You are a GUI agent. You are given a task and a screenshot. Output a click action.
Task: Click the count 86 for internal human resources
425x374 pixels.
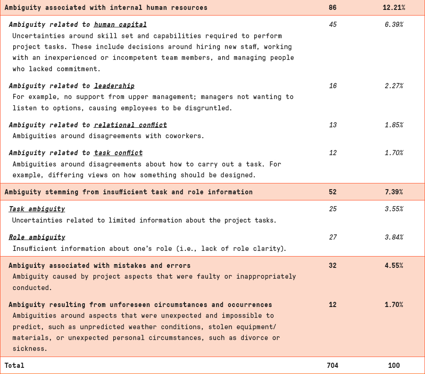[x=333, y=8]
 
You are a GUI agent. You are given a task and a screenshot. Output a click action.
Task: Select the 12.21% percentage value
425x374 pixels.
[x=394, y=8]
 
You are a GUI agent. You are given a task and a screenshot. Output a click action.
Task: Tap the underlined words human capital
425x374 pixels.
[x=120, y=25]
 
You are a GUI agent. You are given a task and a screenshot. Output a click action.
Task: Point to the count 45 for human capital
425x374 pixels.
[x=333, y=25]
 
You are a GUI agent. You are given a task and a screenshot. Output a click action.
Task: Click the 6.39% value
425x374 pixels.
[x=394, y=25]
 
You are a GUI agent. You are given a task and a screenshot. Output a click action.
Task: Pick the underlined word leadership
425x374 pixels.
[x=114, y=86]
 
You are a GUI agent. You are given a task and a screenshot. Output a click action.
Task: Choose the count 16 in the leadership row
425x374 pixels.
[x=333, y=86]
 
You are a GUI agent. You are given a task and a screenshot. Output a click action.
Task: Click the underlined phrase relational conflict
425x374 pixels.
[x=130, y=125]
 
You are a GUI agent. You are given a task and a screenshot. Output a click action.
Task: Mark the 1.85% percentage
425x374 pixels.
[x=394, y=125]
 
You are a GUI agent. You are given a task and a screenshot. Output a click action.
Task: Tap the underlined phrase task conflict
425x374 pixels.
[x=118, y=153]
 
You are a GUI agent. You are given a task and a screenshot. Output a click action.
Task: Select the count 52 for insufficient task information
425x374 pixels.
[x=333, y=192]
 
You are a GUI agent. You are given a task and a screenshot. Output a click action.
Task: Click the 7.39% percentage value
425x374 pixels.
[x=394, y=192]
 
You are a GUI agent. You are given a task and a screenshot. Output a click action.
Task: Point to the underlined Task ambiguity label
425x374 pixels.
[x=37, y=209]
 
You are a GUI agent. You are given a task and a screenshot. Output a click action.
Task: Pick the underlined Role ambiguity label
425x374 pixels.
[x=37, y=237]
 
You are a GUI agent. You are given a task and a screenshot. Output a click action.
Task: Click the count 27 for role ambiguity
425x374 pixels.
[x=333, y=237]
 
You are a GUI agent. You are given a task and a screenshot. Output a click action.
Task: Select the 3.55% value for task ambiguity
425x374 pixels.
[x=394, y=209]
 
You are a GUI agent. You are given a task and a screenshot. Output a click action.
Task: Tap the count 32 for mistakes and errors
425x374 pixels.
[x=333, y=266]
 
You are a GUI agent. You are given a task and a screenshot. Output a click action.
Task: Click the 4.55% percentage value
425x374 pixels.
[x=394, y=266]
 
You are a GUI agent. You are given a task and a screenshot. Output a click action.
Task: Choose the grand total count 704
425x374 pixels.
[x=333, y=366]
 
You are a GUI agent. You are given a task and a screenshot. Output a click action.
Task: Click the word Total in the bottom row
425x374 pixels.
[x=14, y=366]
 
